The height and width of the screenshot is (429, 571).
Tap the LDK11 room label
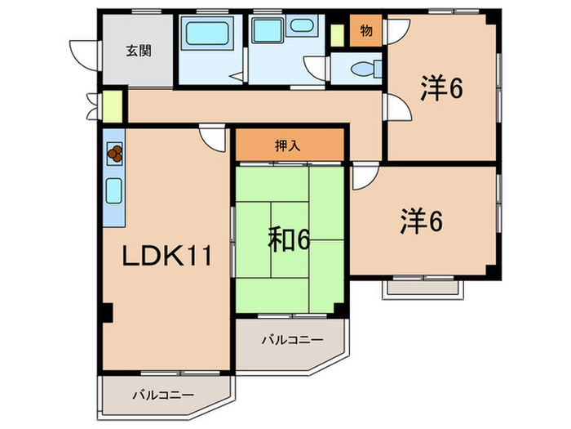pyautogui.click(x=168, y=257)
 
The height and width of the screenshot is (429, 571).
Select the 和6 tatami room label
pyautogui.click(x=289, y=239)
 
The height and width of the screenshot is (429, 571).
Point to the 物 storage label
pyautogui.click(x=366, y=31)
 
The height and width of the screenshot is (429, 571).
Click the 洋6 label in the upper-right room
pyautogui.click(x=442, y=88)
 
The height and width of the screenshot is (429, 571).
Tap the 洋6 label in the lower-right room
pyautogui.click(x=421, y=222)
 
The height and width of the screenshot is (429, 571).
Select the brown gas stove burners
pyautogui.click(x=115, y=152)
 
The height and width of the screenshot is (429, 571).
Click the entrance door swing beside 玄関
pyautogui.click(x=83, y=51)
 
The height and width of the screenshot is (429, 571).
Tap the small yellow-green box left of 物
pyautogui.click(x=338, y=34)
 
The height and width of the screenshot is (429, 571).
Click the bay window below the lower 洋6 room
pyautogui.click(x=423, y=286)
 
